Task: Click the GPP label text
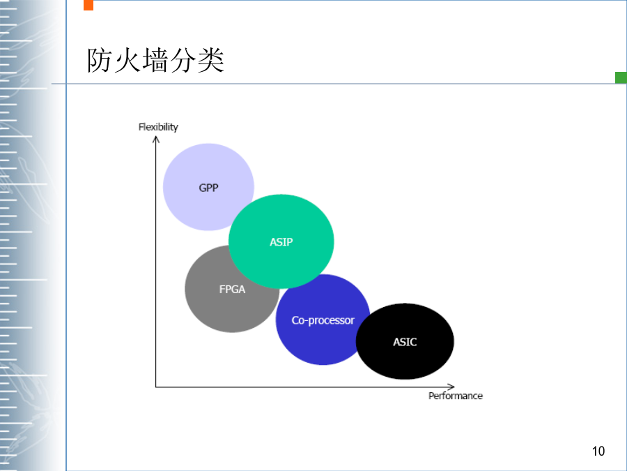(x=208, y=188)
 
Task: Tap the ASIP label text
(x=281, y=242)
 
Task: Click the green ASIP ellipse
(x=281, y=241)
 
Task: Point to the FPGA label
(x=232, y=289)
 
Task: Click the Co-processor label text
(x=323, y=320)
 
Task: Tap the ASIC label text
(x=405, y=342)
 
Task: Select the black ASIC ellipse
(x=405, y=341)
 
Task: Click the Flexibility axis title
(x=158, y=127)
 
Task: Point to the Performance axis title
(x=456, y=396)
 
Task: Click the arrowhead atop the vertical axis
(x=156, y=139)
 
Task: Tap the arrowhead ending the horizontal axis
(x=451, y=387)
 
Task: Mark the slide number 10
(x=598, y=451)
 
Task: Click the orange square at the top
(x=88, y=5)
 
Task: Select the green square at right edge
(x=621, y=77)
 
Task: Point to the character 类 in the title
(x=210, y=60)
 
